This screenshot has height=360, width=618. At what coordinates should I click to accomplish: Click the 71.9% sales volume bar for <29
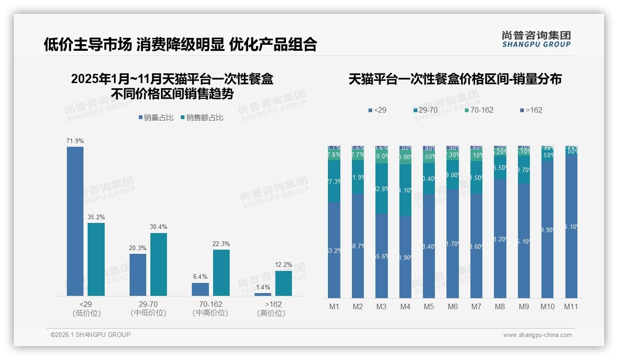(75, 221)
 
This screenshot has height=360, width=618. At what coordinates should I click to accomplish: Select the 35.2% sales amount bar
(96, 259)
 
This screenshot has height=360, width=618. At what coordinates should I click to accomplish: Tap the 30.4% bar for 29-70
(159, 264)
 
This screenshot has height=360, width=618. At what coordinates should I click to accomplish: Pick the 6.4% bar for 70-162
(200, 289)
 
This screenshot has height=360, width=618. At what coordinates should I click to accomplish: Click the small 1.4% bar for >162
(263, 294)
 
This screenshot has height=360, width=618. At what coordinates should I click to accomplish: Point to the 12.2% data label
(283, 264)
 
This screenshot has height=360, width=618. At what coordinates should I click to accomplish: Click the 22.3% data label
(221, 244)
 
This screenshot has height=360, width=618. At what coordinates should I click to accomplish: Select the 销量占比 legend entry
(155, 118)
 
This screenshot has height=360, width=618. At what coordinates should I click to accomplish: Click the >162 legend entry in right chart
(531, 110)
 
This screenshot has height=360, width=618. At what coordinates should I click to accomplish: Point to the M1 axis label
(334, 306)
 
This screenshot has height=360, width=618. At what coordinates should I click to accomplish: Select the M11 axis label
(571, 306)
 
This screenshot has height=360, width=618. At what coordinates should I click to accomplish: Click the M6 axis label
(452, 306)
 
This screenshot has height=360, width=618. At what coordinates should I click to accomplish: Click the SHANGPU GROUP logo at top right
(536, 39)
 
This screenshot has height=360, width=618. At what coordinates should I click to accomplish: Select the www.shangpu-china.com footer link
(537, 335)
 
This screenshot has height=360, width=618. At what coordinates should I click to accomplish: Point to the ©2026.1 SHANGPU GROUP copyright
(90, 335)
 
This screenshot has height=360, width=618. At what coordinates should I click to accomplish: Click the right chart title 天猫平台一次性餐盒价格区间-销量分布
(455, 79)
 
